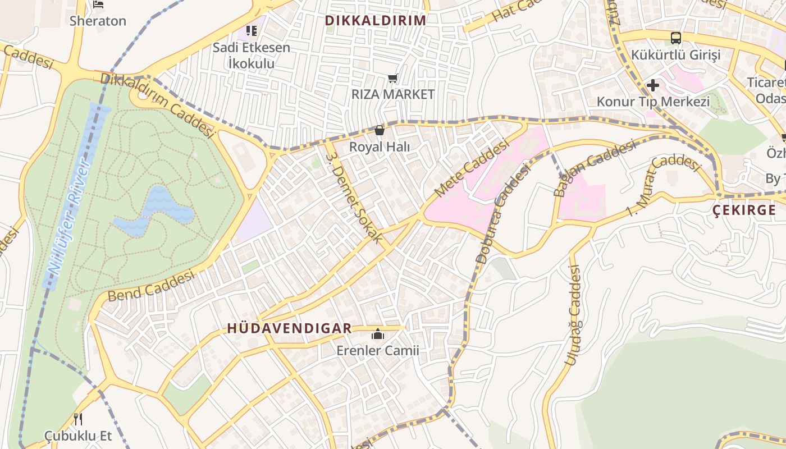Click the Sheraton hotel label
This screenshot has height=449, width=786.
98,21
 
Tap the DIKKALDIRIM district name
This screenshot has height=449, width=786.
375,21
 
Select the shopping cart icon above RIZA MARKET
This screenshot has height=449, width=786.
393,79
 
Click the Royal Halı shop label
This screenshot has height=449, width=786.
380,147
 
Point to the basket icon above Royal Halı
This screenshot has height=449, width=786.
380,131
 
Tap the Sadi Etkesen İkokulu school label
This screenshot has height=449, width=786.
251,55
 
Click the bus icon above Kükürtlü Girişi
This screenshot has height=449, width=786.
676,38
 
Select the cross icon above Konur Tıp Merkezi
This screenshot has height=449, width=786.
652,85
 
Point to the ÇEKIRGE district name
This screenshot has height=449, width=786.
744,210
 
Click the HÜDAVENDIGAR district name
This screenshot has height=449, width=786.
289,328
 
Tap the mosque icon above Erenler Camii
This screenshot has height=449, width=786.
378,335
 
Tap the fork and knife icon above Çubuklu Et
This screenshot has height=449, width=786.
78,419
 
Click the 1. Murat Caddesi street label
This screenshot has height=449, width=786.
663,186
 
